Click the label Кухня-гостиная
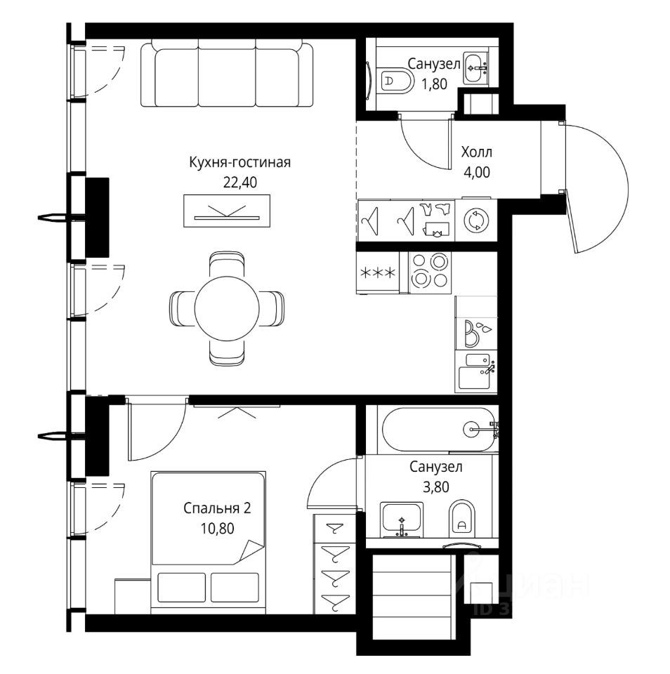click(x=239, y=163)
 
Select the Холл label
click(x=477, y=152)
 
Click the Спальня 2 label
click(x=216, y=507)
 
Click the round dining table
click(x=228, y=307)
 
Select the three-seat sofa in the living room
click(x=226, y=73)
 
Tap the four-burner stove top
click(x=429, y=270)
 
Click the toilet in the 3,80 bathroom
click(x=461, y=518)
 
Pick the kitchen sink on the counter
click(x=477, y=369)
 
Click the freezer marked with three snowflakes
click(x=377, y=272)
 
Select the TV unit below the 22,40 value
click(x=226, y=211)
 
